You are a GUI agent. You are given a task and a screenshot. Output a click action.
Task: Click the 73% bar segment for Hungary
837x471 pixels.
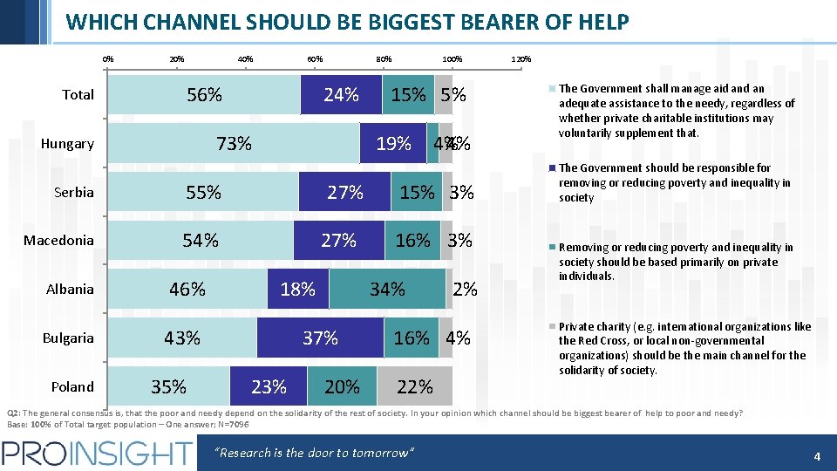(234, 144)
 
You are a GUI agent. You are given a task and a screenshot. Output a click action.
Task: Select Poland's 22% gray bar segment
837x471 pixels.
(415, 386)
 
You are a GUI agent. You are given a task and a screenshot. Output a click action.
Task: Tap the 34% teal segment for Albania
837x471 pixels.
(387, 289)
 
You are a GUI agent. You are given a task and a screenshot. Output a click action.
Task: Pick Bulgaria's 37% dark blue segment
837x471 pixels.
(320, 338)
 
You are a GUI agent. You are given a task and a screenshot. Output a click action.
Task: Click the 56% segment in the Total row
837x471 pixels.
(204, 95)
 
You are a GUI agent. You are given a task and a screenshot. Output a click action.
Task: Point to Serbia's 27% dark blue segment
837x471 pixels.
(344, 193)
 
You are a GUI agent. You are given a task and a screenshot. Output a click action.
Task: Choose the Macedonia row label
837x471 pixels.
(58, 240)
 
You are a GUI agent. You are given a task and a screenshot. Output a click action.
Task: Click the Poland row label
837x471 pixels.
(72, 386)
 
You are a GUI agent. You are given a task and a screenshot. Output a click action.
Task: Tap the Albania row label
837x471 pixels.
(70, 289)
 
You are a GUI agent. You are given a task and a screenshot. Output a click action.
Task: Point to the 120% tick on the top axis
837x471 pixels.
(521, 59)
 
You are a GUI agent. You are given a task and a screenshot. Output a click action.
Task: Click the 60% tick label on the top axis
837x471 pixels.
(315, 59)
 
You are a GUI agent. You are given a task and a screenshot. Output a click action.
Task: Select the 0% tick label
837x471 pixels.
(107, 59)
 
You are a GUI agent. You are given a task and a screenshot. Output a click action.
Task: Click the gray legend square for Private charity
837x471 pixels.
(552, 328)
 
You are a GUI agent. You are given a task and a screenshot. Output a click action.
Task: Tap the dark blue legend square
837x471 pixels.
(552, 168)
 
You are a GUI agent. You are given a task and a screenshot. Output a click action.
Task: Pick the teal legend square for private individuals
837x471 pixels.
(552, 249)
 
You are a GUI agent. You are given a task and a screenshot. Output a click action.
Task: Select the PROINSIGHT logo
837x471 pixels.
(97, 454)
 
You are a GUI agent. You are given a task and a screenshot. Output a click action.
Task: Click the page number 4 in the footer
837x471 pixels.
(817, 456)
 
